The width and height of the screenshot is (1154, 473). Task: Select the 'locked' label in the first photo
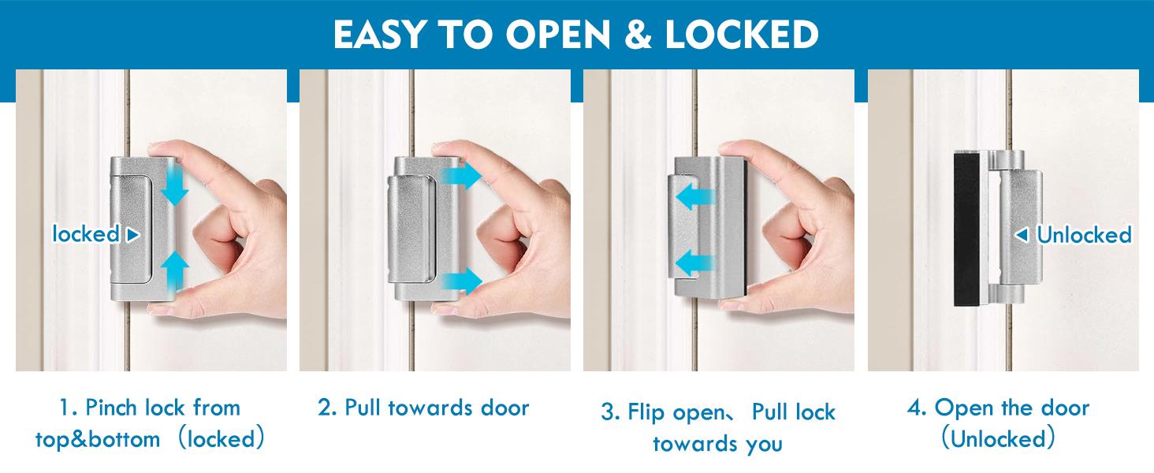(86, 234)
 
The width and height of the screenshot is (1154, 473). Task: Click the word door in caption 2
(505, 408)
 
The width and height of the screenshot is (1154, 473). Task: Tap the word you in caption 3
(764, 444)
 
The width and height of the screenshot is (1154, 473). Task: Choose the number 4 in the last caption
(915, 408)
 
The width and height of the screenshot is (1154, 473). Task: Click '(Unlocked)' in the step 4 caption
(999, 438)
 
